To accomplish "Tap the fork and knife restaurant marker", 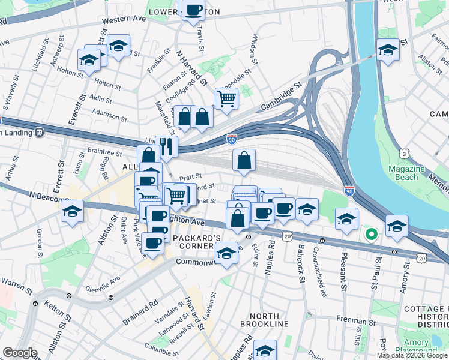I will tap(166, 146).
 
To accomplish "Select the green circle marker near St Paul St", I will tap(371, 234).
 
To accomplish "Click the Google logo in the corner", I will tap(20, 353).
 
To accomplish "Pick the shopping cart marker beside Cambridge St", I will tap(226, 98).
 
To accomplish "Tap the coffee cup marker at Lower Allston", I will tap(193, 11).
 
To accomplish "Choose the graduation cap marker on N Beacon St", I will tap(72, 211).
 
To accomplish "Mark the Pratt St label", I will tap(190, 176).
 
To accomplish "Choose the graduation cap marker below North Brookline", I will tap(264, 351).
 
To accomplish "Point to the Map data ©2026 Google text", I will tap(412, 355).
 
